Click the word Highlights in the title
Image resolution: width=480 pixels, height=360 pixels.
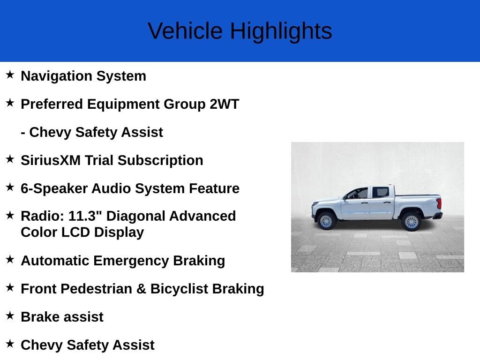pos(281,31)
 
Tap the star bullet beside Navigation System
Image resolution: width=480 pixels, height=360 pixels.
pos(10,75)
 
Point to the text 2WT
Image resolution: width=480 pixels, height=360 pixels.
pos(224,104)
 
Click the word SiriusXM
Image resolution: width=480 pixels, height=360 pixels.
pos(51,160)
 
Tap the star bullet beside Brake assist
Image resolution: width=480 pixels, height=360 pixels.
pos(10,315)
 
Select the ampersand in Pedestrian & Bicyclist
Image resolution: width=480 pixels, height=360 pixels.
pos(141,289)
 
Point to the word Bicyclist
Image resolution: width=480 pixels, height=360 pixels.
pos(179,289)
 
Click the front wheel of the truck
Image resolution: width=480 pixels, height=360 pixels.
pos(326,221)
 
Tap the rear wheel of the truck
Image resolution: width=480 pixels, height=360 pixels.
pos(411,222)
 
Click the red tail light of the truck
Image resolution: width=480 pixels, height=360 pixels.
pos(439,203)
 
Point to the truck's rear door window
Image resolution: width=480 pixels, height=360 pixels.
pos(381,192)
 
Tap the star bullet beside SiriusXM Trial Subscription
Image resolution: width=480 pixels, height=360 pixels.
pos(10,159)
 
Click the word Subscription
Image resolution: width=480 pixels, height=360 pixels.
pos(160,160)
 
